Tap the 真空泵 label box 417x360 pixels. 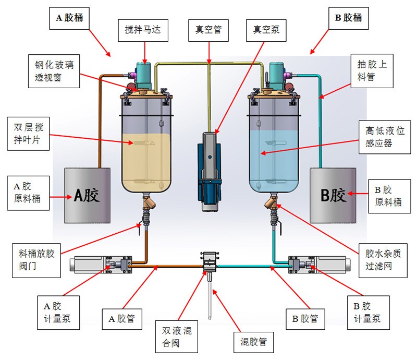266,30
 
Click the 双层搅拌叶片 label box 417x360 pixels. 32,134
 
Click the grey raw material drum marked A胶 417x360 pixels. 87,195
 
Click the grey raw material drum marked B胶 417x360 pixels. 333,195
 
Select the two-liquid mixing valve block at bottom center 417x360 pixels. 210,260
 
